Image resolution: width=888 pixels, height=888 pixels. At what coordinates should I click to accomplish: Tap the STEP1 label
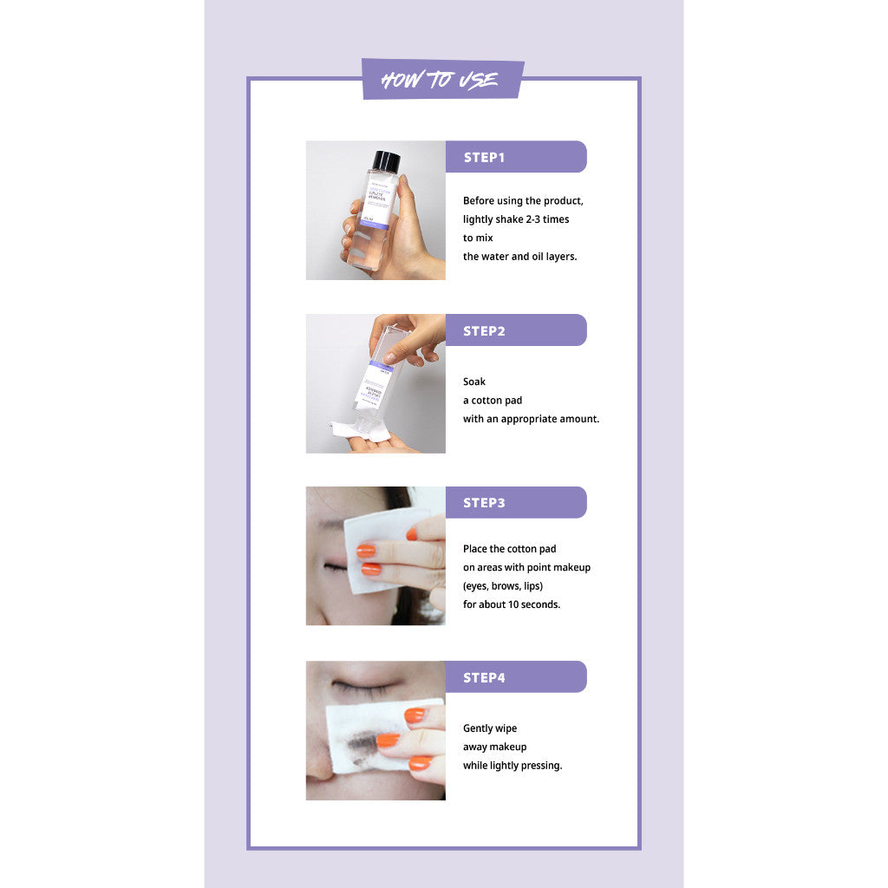pos(484,157)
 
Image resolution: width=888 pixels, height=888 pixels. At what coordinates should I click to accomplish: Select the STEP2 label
pos(484,330)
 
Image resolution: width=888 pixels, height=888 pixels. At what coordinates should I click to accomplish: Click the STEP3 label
pos(484,503)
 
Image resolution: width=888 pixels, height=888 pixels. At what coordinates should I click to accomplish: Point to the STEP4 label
pos(484,677)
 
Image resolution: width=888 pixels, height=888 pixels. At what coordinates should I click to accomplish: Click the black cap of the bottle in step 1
pos(386,161)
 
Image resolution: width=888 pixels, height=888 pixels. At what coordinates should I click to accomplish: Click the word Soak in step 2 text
pos(474,382)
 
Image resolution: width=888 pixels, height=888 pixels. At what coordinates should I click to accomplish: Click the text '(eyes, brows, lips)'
pos(503,586)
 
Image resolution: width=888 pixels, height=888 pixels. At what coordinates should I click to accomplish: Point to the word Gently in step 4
pos(478,728)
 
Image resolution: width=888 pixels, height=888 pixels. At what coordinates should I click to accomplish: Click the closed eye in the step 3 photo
pos(336,567)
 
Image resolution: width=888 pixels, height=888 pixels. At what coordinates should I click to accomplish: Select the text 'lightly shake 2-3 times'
pos(516,219)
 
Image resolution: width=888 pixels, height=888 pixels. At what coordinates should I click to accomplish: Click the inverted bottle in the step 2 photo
pos(380,373)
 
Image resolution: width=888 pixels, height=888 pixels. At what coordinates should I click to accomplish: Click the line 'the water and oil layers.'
pos(519,257)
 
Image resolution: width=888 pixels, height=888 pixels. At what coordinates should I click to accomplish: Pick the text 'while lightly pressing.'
pos(513,766)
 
